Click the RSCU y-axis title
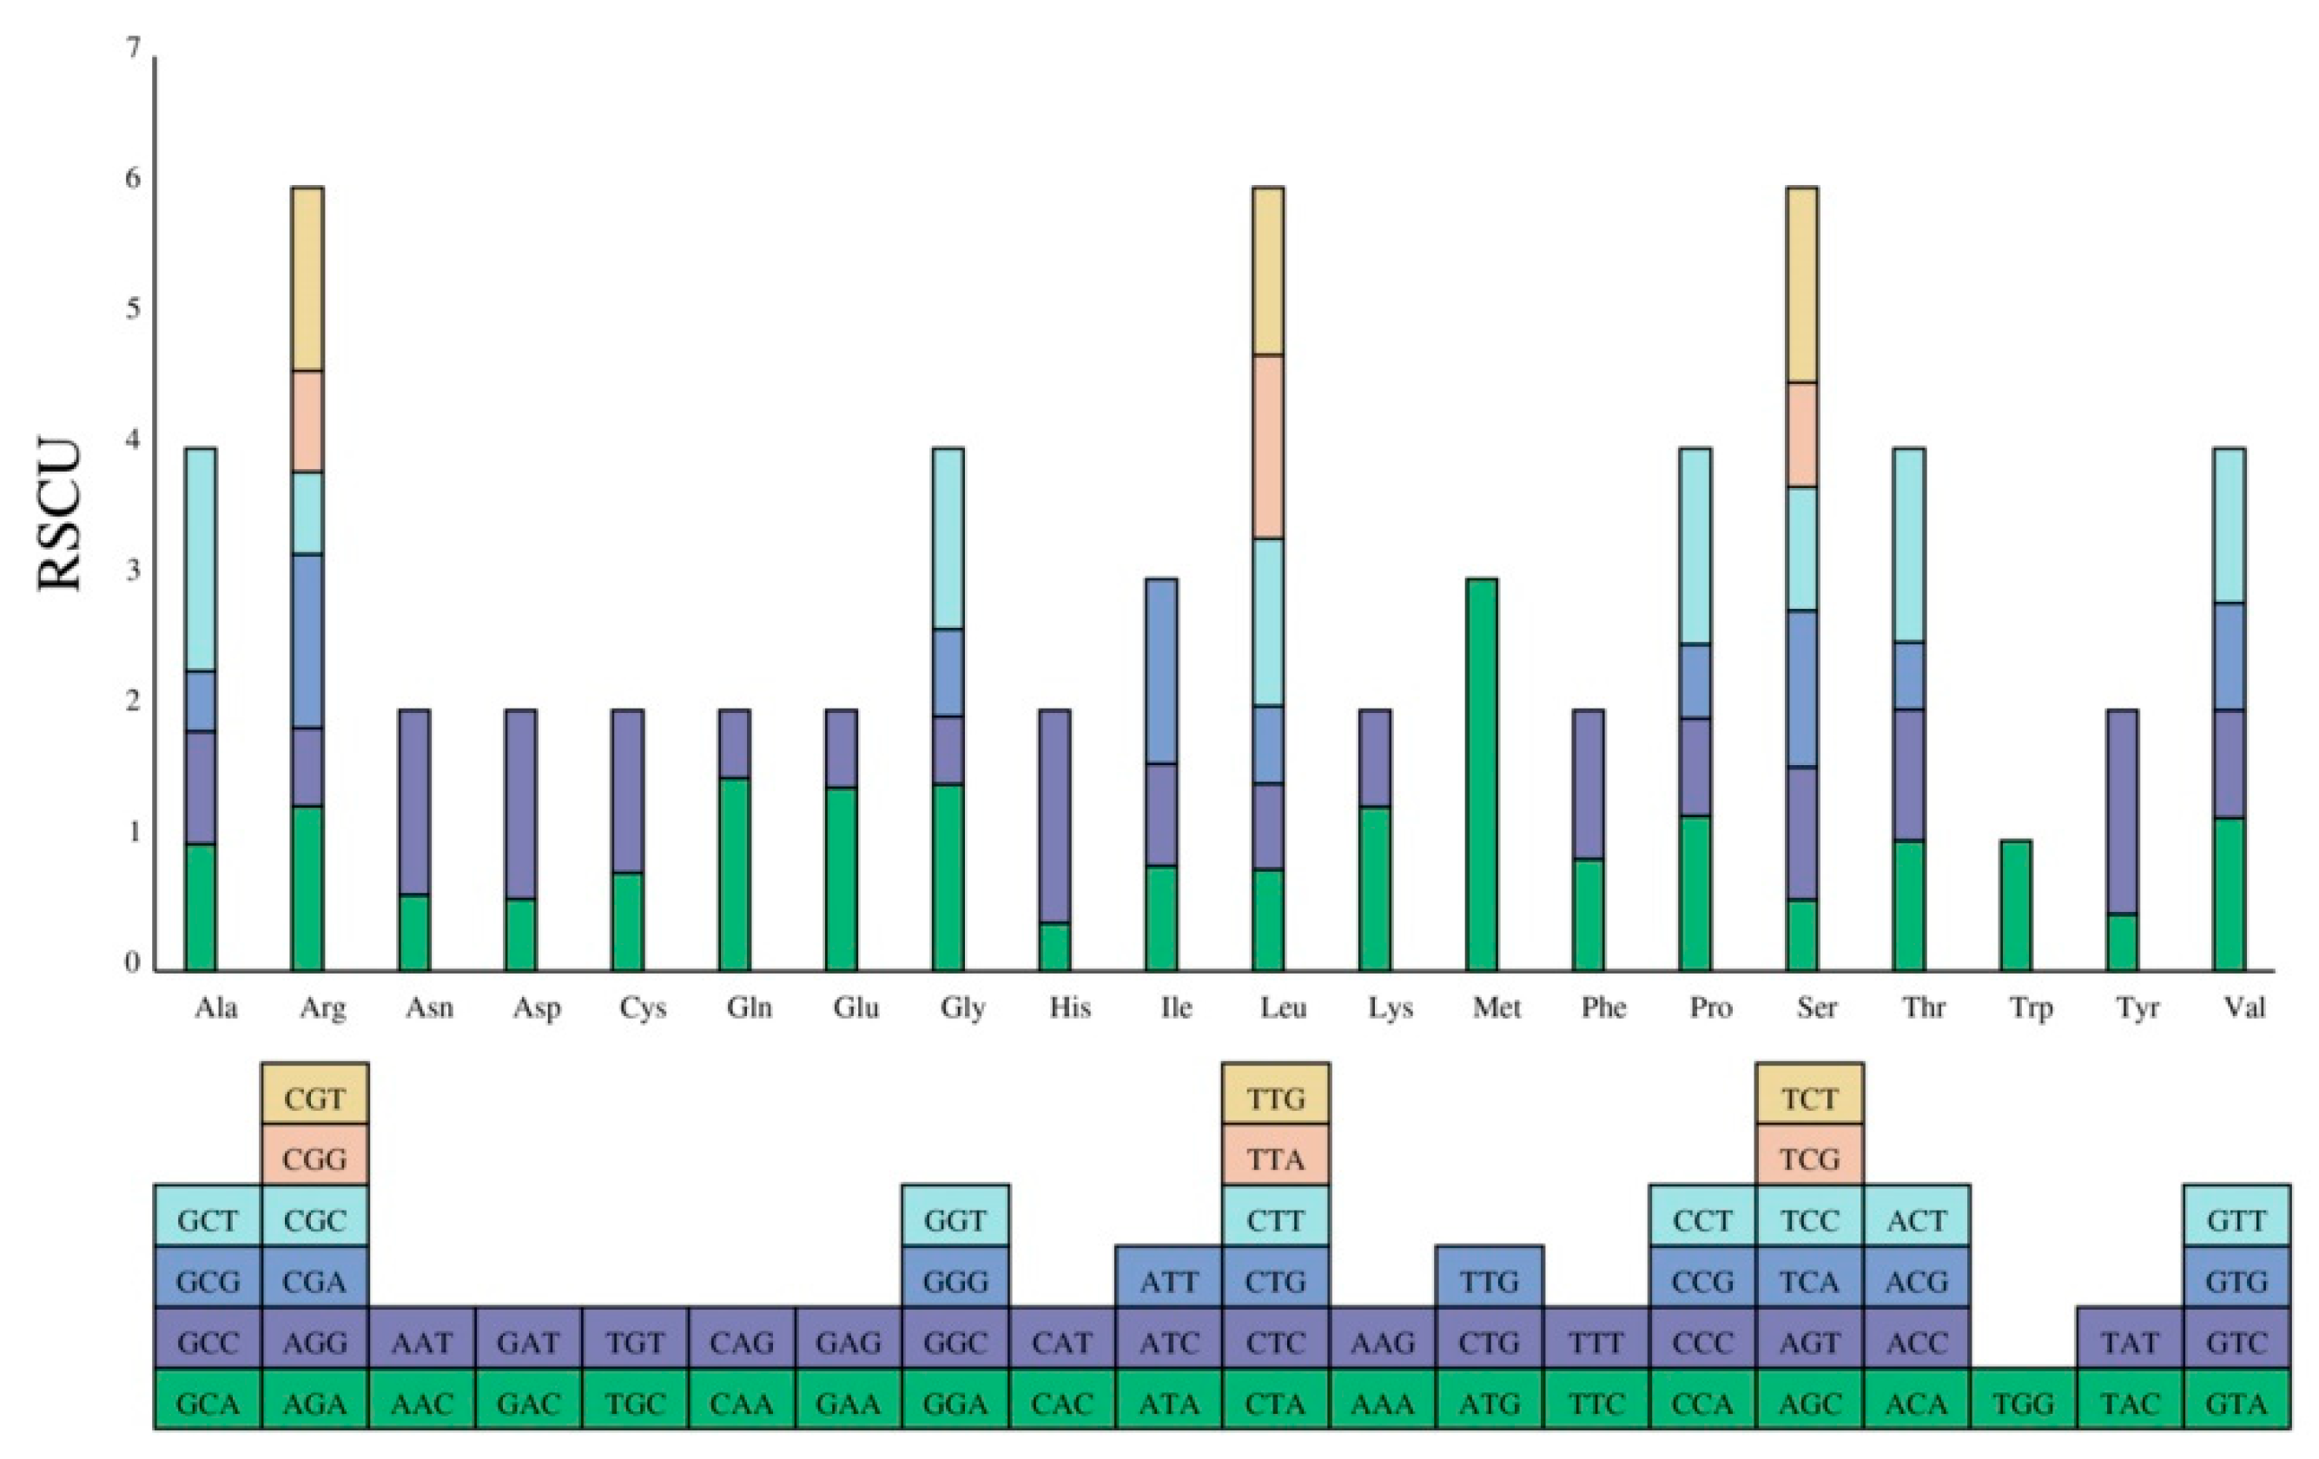(x=60, y=514)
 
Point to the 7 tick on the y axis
(x=133, y=47)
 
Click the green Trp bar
(x=2016, y=904)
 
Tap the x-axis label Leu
(x=1283, y=1008)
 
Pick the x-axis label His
(x=1069, y=1008)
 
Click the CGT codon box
(x=315, y=1098)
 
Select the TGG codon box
(x=2024, y=1403)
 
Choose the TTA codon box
(x=1275, y=1159)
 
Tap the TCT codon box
(x=1809, y=1098)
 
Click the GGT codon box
(x=955, y=1220)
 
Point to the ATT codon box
(x=1169, y=1282)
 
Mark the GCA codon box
(x=208, y=1403)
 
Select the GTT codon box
(x=2237, y=1220)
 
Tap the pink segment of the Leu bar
(x=1267, y=446)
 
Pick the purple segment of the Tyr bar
(x=2123, y=811)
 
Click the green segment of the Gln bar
(x=735, y=874)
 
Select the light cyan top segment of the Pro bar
(x=1695, y=545)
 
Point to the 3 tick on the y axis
(x=133, y=570)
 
